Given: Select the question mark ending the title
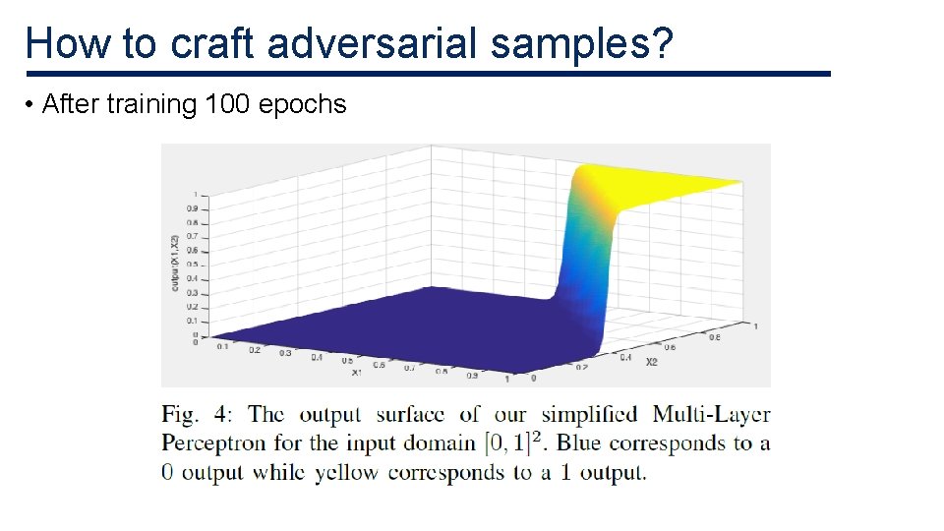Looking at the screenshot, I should coord(662,44).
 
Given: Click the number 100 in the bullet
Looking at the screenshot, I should coord(226,104).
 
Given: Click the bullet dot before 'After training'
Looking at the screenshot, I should coord(31,105).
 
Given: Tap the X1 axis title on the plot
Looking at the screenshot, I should coord(356,373).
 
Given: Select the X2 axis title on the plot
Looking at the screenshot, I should coord(651,362).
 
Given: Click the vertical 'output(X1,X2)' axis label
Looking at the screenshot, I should coord(174,265).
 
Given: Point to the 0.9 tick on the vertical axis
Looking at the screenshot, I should coord(194,208).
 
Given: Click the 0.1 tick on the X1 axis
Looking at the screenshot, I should coord(221,345).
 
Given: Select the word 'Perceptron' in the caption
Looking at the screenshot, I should coord(213,444).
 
